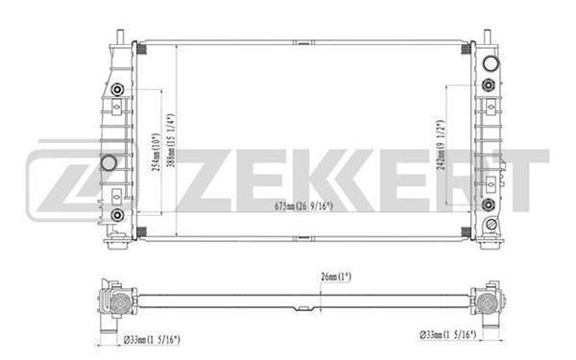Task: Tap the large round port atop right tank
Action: coord(492,66)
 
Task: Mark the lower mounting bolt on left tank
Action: coord(117,213)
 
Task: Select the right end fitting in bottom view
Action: coord(492,300)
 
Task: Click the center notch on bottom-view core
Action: coord(304,308)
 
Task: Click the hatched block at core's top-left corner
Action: coord(140,49)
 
